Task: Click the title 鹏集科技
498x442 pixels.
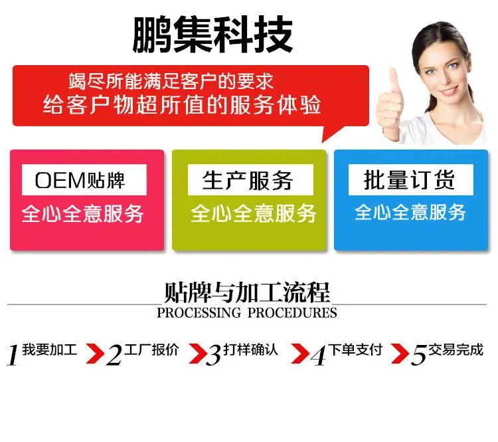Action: tap(212, 34)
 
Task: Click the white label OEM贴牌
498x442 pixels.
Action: tap(80, 180)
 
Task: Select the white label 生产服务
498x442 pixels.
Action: tap(248, 180)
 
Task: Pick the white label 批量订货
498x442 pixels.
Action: tap(410, 179)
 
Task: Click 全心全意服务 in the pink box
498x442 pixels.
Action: tap(83, 214)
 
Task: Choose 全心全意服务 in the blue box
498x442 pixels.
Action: tap(410, 213)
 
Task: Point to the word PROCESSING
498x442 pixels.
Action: tap(199, 313)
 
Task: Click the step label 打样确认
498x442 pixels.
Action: tap(250, 350)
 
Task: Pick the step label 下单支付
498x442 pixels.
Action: tap(357, 350)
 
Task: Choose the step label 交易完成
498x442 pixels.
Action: tap(456, 350)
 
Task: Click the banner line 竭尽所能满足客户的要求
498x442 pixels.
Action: tap(171, 81)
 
